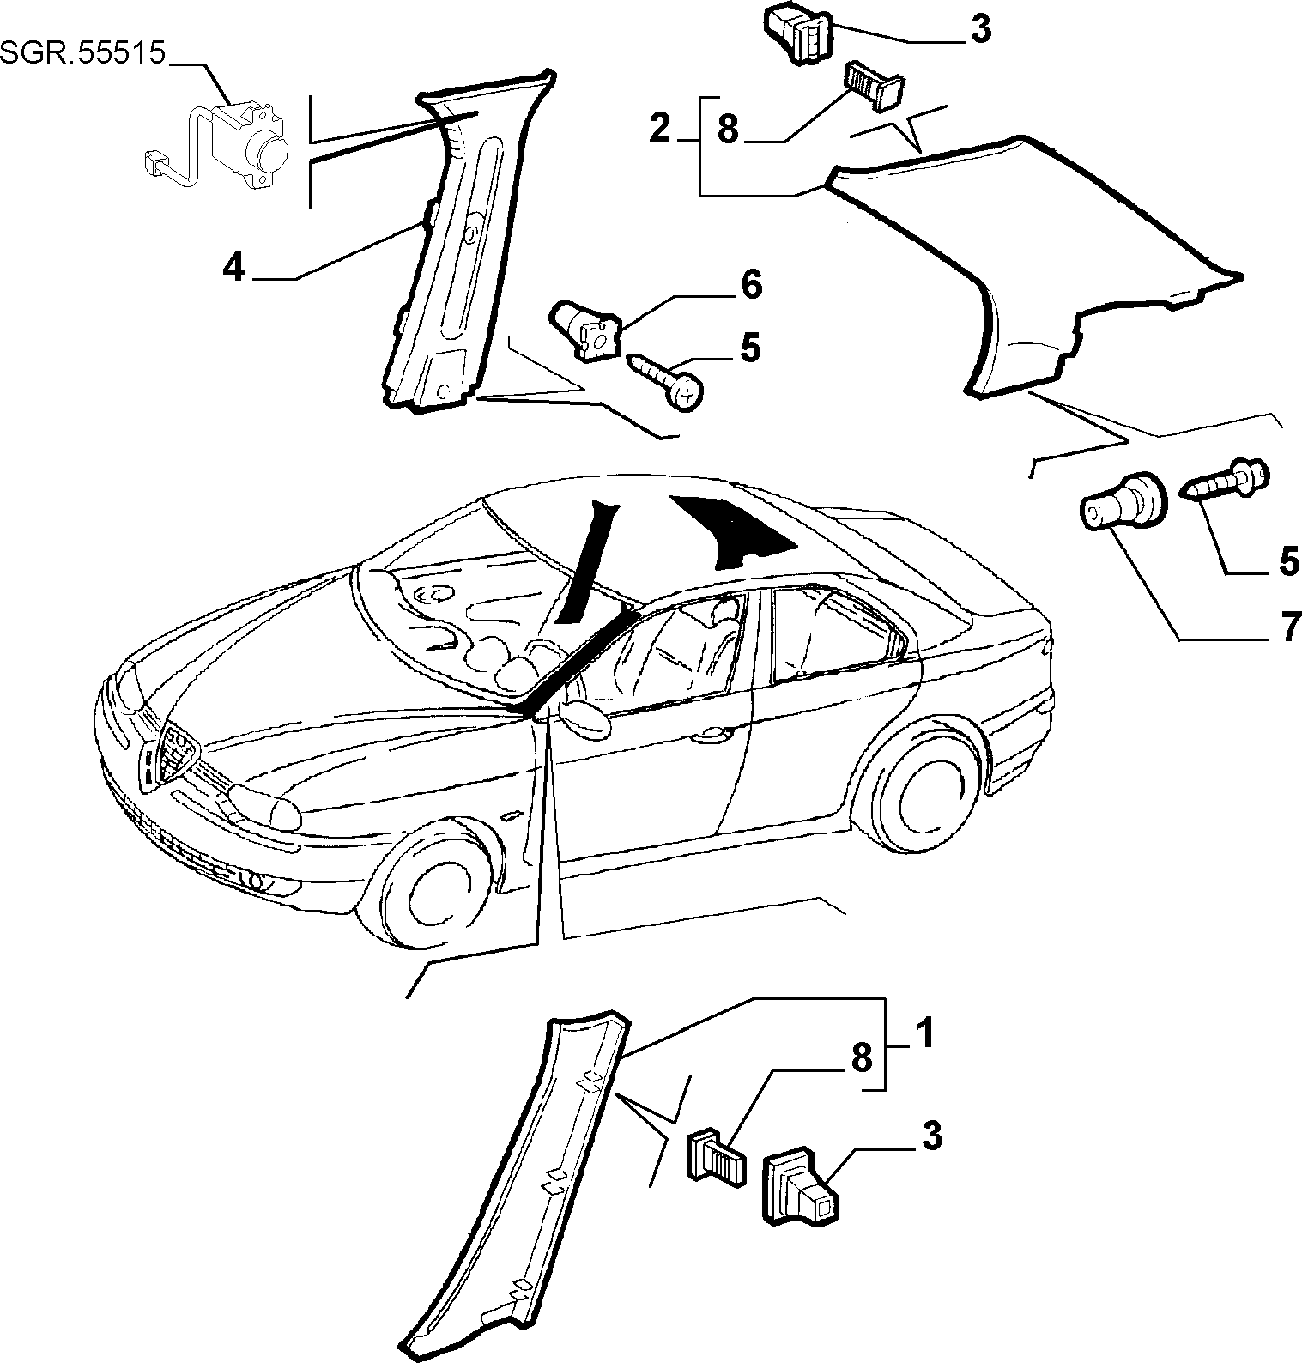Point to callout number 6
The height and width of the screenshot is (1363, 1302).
(750, 285)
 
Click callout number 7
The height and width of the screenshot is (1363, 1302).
(1290, 627)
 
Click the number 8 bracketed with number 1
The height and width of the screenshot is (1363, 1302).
(861, 1057)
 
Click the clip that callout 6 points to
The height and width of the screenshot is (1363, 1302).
(587, 329)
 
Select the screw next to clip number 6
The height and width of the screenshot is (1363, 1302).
(669, 380)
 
